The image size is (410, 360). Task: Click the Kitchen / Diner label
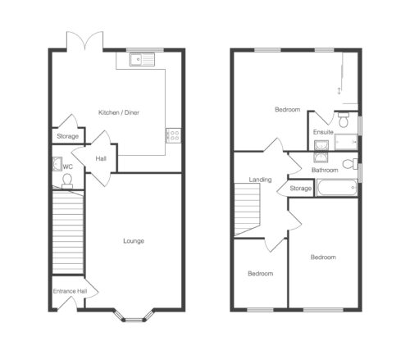pos(119,112)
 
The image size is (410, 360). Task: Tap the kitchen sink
pos(142,59)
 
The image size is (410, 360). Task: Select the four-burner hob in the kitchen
pos(173,135)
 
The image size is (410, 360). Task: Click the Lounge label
pos(134,241)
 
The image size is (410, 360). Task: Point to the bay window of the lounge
pos(134,316)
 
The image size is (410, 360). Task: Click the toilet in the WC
pos(67,181)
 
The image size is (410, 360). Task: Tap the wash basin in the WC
pos(57,164)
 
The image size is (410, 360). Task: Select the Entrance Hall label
pos(70,291)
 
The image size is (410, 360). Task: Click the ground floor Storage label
pos(67,136)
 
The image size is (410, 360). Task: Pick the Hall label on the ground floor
pos(101,158)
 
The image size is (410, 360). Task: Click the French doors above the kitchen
pos(85,41)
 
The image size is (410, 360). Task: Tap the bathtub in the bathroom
pos(337,188)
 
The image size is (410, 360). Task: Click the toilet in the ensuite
pos(344,119)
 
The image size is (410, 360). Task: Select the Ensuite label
pos(323,132)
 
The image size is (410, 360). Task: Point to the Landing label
pos(260,180)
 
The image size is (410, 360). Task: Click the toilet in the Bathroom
pos(350,164)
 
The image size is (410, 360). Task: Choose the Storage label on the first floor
pos(301,188)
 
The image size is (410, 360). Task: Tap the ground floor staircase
pos(68,232)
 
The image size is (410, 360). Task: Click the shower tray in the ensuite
pos(346,142)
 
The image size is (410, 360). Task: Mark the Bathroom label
pos(325,170)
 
